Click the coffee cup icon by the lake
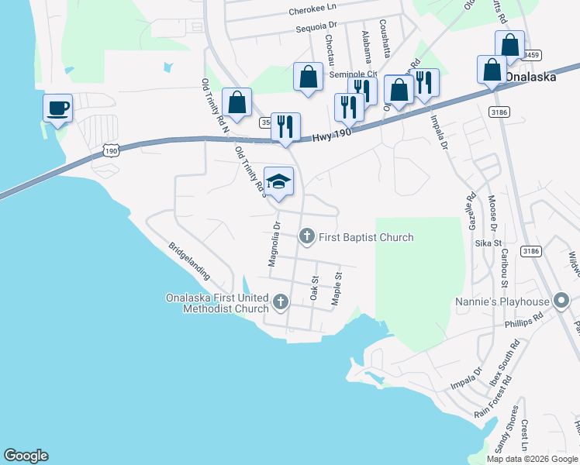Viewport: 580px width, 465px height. pyautogui.click(x=57, y=108)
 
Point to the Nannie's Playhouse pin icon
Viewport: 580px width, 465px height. pyautogui.click(x=563, y=301)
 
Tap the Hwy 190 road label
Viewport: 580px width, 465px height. pyautogui.click(x=332, y=135)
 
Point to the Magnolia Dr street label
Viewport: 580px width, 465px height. pyautogui.click(x=273, y=244)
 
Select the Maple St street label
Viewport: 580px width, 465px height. pyautogui.click(x=337, y=289)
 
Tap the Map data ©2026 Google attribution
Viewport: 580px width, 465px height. pyautogui.click(x=531, y=459)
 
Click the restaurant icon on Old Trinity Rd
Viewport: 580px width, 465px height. pyautogui.click(x=285, y=126)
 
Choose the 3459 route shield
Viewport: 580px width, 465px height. pyautogui.click(x=531, y=56)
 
